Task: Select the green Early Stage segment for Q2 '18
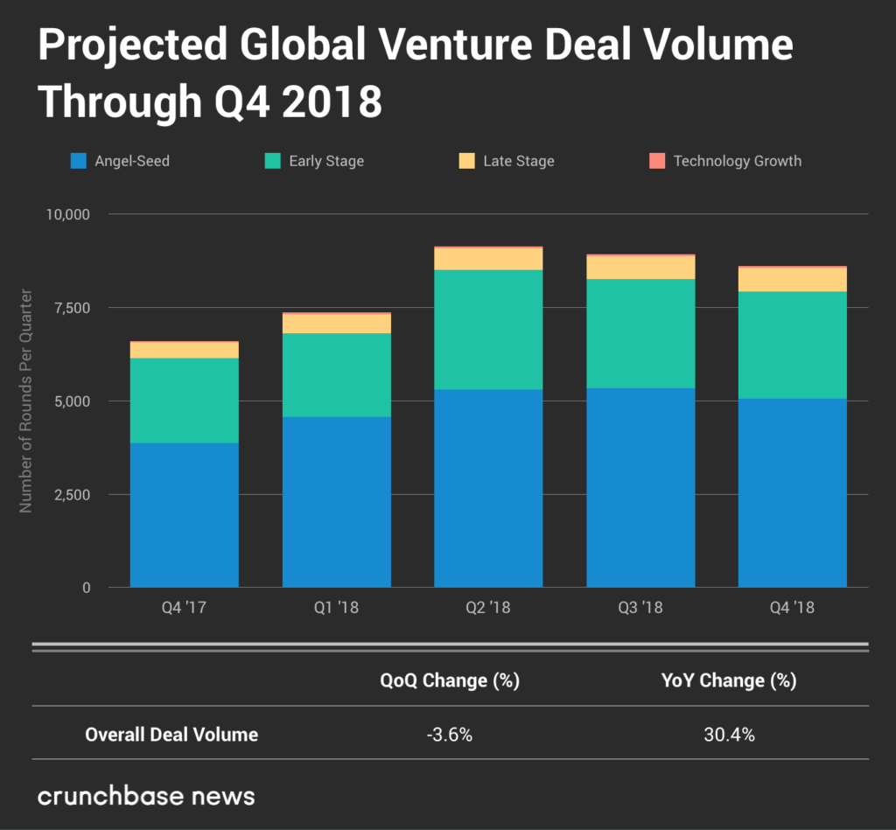pyautogui.click(x=488, y=329)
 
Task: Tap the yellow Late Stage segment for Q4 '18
pyautogui.click(x=792, y=279)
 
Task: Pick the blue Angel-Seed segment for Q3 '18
pyautogui.click(x=640, y=486)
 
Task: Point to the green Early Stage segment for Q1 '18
pyautogui.click(x=336, y=374)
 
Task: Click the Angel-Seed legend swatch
pyautogui.click(x=78, y=161)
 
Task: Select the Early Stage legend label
pyautogui.click(x=325, y=161)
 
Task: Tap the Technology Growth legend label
pyautogui.click(x=737, y=161)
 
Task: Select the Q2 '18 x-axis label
pyautogui.click(x=488, y=607)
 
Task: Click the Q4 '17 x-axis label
pyautogui.click(x=185, y=607)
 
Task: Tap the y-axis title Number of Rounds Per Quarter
pyautogui.click(x=25, y=401)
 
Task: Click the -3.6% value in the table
pyautogui.click(x=449, y=735)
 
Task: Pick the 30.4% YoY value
pyautogui.click(x=728, y=735)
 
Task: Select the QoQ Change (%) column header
pyautogui.click(x=450, y=680)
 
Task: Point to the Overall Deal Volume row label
pyautogui.click(x=171, y=735)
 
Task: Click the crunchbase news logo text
pyautogui.click(x=146, y=796)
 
